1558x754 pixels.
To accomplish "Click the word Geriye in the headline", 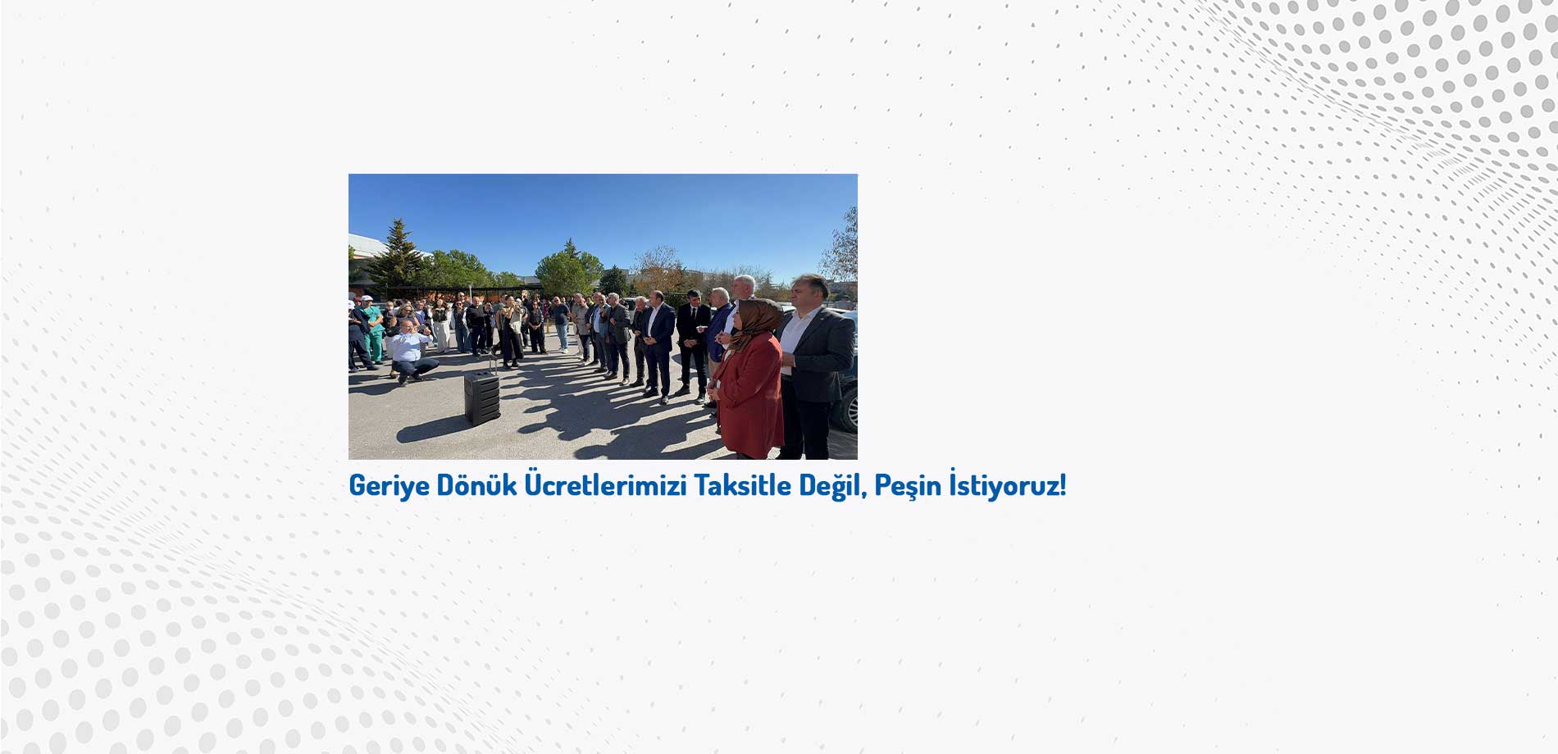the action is click(389, 485).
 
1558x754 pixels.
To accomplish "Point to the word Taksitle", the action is click(743, 484).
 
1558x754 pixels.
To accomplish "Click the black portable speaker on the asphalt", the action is click(482, 397).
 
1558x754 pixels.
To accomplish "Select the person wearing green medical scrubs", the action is click(373, 328).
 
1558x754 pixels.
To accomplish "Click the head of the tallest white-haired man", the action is click(743, 287).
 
